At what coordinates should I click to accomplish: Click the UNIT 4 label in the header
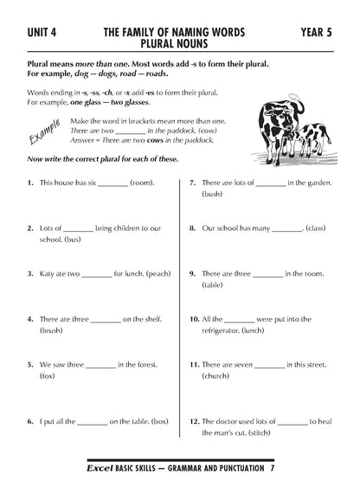pos(39,31)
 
